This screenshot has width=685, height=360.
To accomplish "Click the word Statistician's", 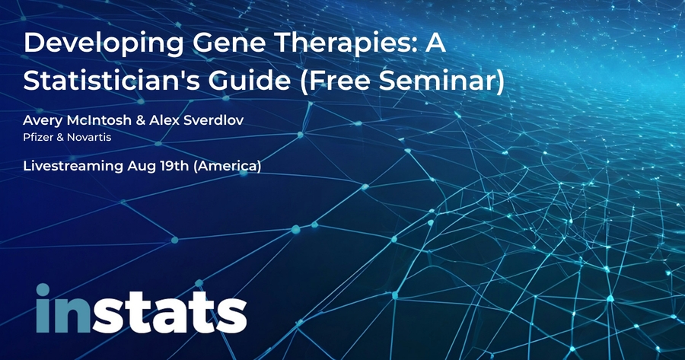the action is (x=111, y=81).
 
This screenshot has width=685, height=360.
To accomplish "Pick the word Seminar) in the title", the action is (x=441, y=81).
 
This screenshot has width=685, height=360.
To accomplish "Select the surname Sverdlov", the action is (x=213, y=120).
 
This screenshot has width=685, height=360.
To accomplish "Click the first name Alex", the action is (x=164, y=120).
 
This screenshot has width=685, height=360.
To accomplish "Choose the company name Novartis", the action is (x=89, y=137).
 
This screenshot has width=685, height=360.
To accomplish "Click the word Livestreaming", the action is (x=73, y=167).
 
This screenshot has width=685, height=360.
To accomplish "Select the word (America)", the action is (x=227, y=167).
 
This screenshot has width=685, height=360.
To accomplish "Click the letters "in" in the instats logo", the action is (x=64, y=308).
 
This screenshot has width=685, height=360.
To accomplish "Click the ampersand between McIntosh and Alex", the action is (x=140, y=120).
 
